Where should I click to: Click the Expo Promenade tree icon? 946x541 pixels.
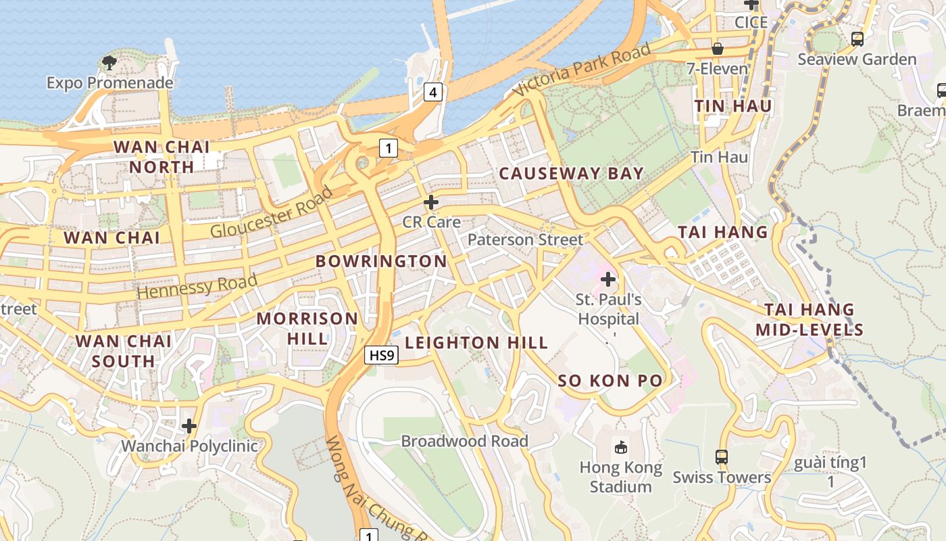[x=109, y=63]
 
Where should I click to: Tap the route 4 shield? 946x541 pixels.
[x=433, y=92]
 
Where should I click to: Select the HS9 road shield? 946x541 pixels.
[x=382, y=355]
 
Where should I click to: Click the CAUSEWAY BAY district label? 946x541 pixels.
[x=571, y=174]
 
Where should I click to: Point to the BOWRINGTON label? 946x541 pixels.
[x=381, y=261]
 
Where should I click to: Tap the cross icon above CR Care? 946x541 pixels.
[x=431, y=202]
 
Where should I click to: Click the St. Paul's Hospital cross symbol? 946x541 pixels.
[x=608, y=279]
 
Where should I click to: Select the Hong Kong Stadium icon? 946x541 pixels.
[x=620, y=446]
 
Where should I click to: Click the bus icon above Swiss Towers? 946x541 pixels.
[x=722, y=456]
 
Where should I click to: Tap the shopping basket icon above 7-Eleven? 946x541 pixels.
[x=718, y=49]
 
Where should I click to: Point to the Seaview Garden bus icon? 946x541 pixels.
[x=857, y=39]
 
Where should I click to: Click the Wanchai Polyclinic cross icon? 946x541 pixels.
[x=189, y=426]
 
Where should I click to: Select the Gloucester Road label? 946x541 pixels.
[x=272, y=212]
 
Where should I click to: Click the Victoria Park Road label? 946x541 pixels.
[x=582, y=69]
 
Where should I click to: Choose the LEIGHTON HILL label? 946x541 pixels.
[x=476, y=343]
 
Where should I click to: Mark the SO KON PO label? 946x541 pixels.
[x=610, y=381]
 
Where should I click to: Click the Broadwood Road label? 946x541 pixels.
[x=464, y=442]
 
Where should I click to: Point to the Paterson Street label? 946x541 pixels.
[x=525, y=240]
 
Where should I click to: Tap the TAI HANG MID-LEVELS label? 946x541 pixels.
[x=809, y=320]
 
